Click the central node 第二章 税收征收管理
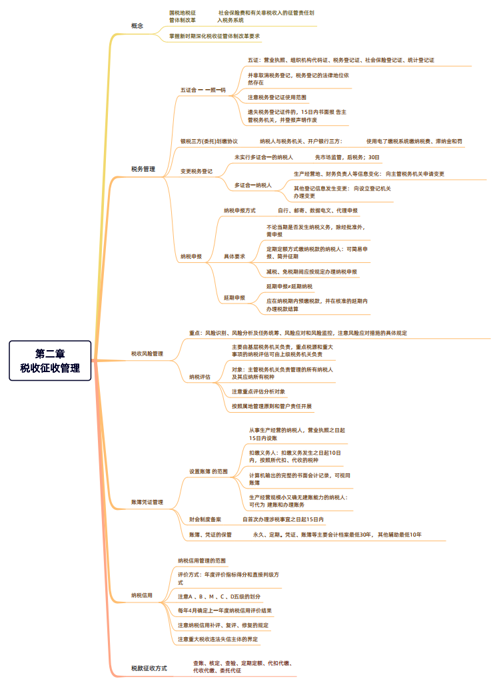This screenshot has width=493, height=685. point(51,360)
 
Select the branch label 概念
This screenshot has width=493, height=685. point(137,25)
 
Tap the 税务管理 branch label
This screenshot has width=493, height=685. point(143,169)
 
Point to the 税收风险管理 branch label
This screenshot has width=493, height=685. point(147,353)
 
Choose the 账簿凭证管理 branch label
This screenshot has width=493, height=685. point(147,502)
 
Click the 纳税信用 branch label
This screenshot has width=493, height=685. point(141,595)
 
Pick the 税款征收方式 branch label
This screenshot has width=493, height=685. point(149,667)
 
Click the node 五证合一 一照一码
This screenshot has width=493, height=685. point(203,89)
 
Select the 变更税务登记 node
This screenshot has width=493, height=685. point(197,171)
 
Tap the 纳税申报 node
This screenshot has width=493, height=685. point(191,256)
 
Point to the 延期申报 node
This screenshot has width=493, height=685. point(234,298)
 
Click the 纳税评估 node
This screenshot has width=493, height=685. point(199,377)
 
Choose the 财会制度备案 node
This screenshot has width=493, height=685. point(205,519)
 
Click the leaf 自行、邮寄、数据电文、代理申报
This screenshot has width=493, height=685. point(318,210)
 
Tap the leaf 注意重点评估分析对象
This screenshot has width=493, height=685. point(258,391)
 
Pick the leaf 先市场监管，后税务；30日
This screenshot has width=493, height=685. point(347,157)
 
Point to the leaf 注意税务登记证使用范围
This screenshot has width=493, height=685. point(277,97)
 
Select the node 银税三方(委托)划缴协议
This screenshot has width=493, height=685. point(209,141)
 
